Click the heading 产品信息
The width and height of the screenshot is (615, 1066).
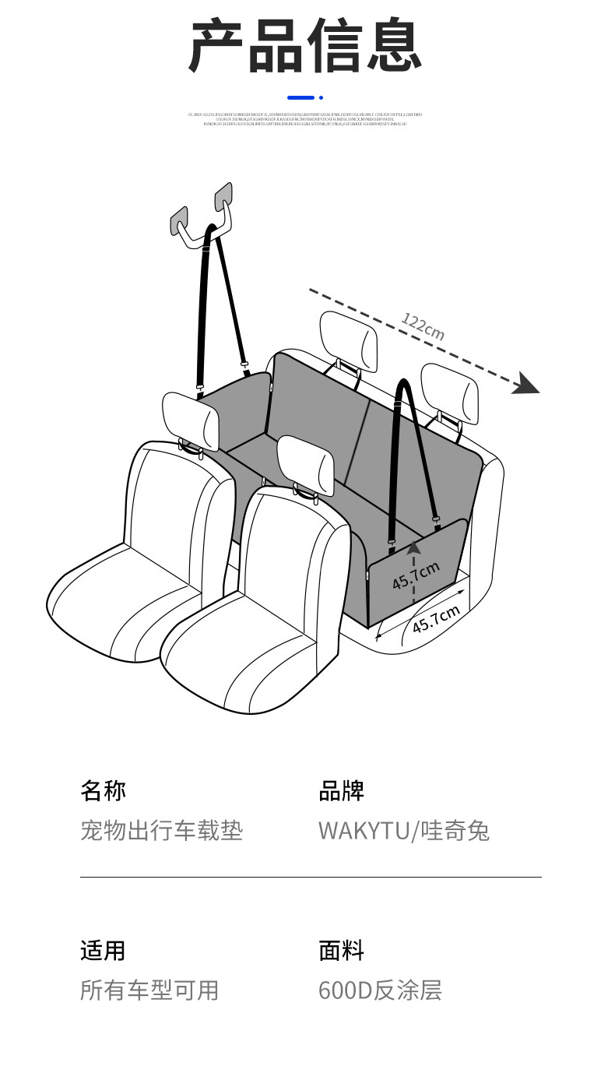(x=306, y=47)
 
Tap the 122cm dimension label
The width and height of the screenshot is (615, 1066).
(x=423, y=326)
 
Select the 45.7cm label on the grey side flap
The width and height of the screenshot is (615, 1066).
(x=416, y=575)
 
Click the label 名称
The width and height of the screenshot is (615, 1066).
(x=103, y=791)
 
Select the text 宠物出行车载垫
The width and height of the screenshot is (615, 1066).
(x=161, y=830)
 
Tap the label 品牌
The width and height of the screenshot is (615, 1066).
(x=341, y=791)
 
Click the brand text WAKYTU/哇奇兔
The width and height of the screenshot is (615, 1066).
(x=403, y=830)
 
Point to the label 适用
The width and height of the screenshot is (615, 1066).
(x=103, y=951)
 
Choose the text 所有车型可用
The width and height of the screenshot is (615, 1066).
(x=149, y=990)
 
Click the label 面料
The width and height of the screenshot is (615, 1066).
(x=341, y=951)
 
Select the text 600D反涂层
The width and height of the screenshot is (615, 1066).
(x=380, y=990)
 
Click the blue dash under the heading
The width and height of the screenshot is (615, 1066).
(x=301, y=97)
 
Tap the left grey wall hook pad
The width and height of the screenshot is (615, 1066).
(x=180, y=220)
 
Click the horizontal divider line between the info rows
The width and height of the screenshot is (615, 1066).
(x=310, y=877)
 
